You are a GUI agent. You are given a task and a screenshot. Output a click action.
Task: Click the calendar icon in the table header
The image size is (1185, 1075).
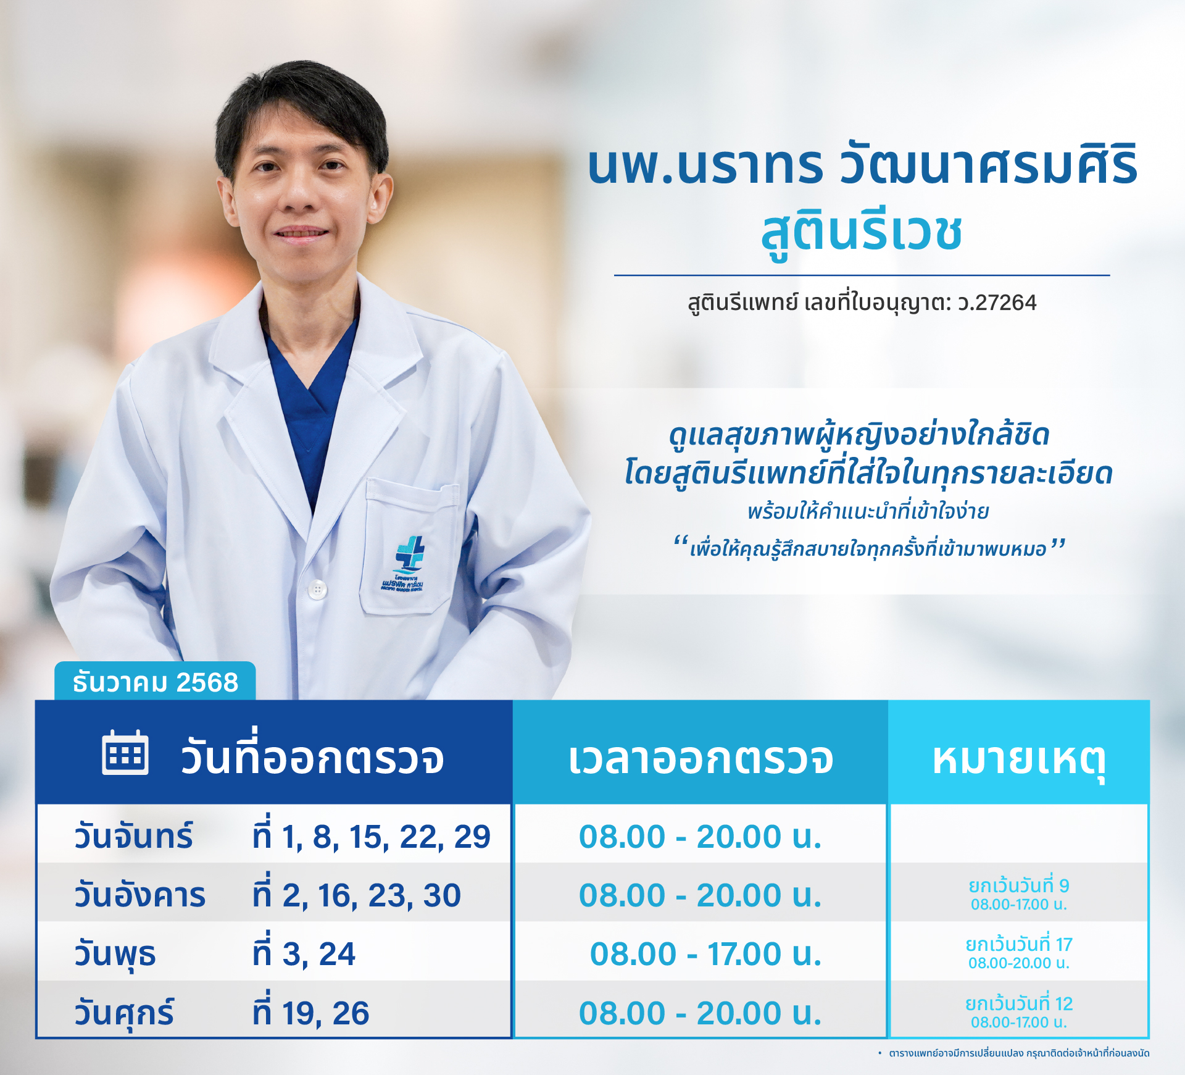tap(125, 753)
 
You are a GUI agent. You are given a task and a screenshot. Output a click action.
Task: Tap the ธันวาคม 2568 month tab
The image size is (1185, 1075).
tap(155, 682)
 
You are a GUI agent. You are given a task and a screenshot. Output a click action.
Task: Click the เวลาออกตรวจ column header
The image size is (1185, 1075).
tap(701, 758)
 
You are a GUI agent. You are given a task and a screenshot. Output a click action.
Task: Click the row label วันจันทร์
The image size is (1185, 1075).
tap(133, 836)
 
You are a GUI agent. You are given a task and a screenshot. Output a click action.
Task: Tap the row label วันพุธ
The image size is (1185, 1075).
tap(115, 955)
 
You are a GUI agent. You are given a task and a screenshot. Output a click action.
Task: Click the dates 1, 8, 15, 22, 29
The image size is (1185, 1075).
tap(386, 837)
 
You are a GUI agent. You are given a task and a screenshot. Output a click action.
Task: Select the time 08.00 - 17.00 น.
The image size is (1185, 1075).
tap(706, 954)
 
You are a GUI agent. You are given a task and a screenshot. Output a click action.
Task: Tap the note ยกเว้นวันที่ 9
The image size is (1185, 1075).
tap(1019, 886)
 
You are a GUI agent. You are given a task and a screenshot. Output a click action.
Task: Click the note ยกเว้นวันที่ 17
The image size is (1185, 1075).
tap(1019, 945)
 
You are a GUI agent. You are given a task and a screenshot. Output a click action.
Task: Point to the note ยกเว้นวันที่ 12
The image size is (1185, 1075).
tap(1019, 1004)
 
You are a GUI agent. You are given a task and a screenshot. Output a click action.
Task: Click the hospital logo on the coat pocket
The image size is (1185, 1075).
tap(403, 563)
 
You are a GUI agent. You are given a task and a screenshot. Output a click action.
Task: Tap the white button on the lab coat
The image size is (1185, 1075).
tap(317, 589)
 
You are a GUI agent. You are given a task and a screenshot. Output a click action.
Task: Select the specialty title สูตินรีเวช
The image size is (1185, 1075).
tap(862, 233)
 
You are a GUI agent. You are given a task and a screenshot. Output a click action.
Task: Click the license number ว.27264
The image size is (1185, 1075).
tap(997, 303)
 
